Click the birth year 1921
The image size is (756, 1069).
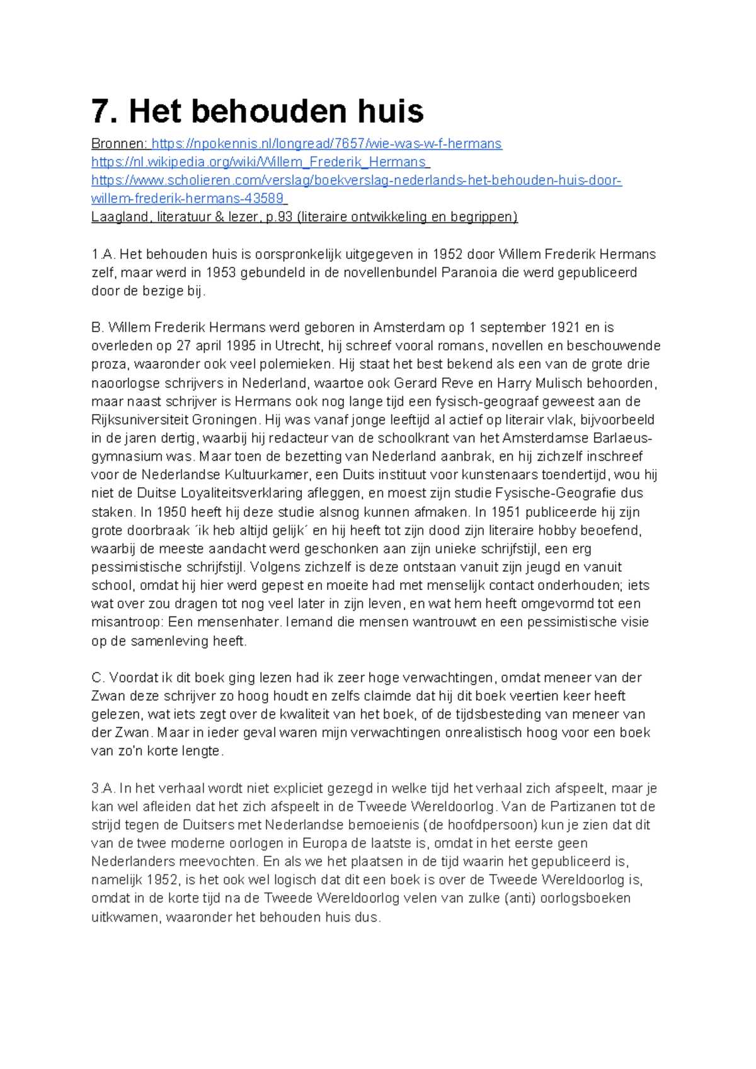566,328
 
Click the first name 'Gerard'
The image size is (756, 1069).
416,383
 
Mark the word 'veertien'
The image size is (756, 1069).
560,696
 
